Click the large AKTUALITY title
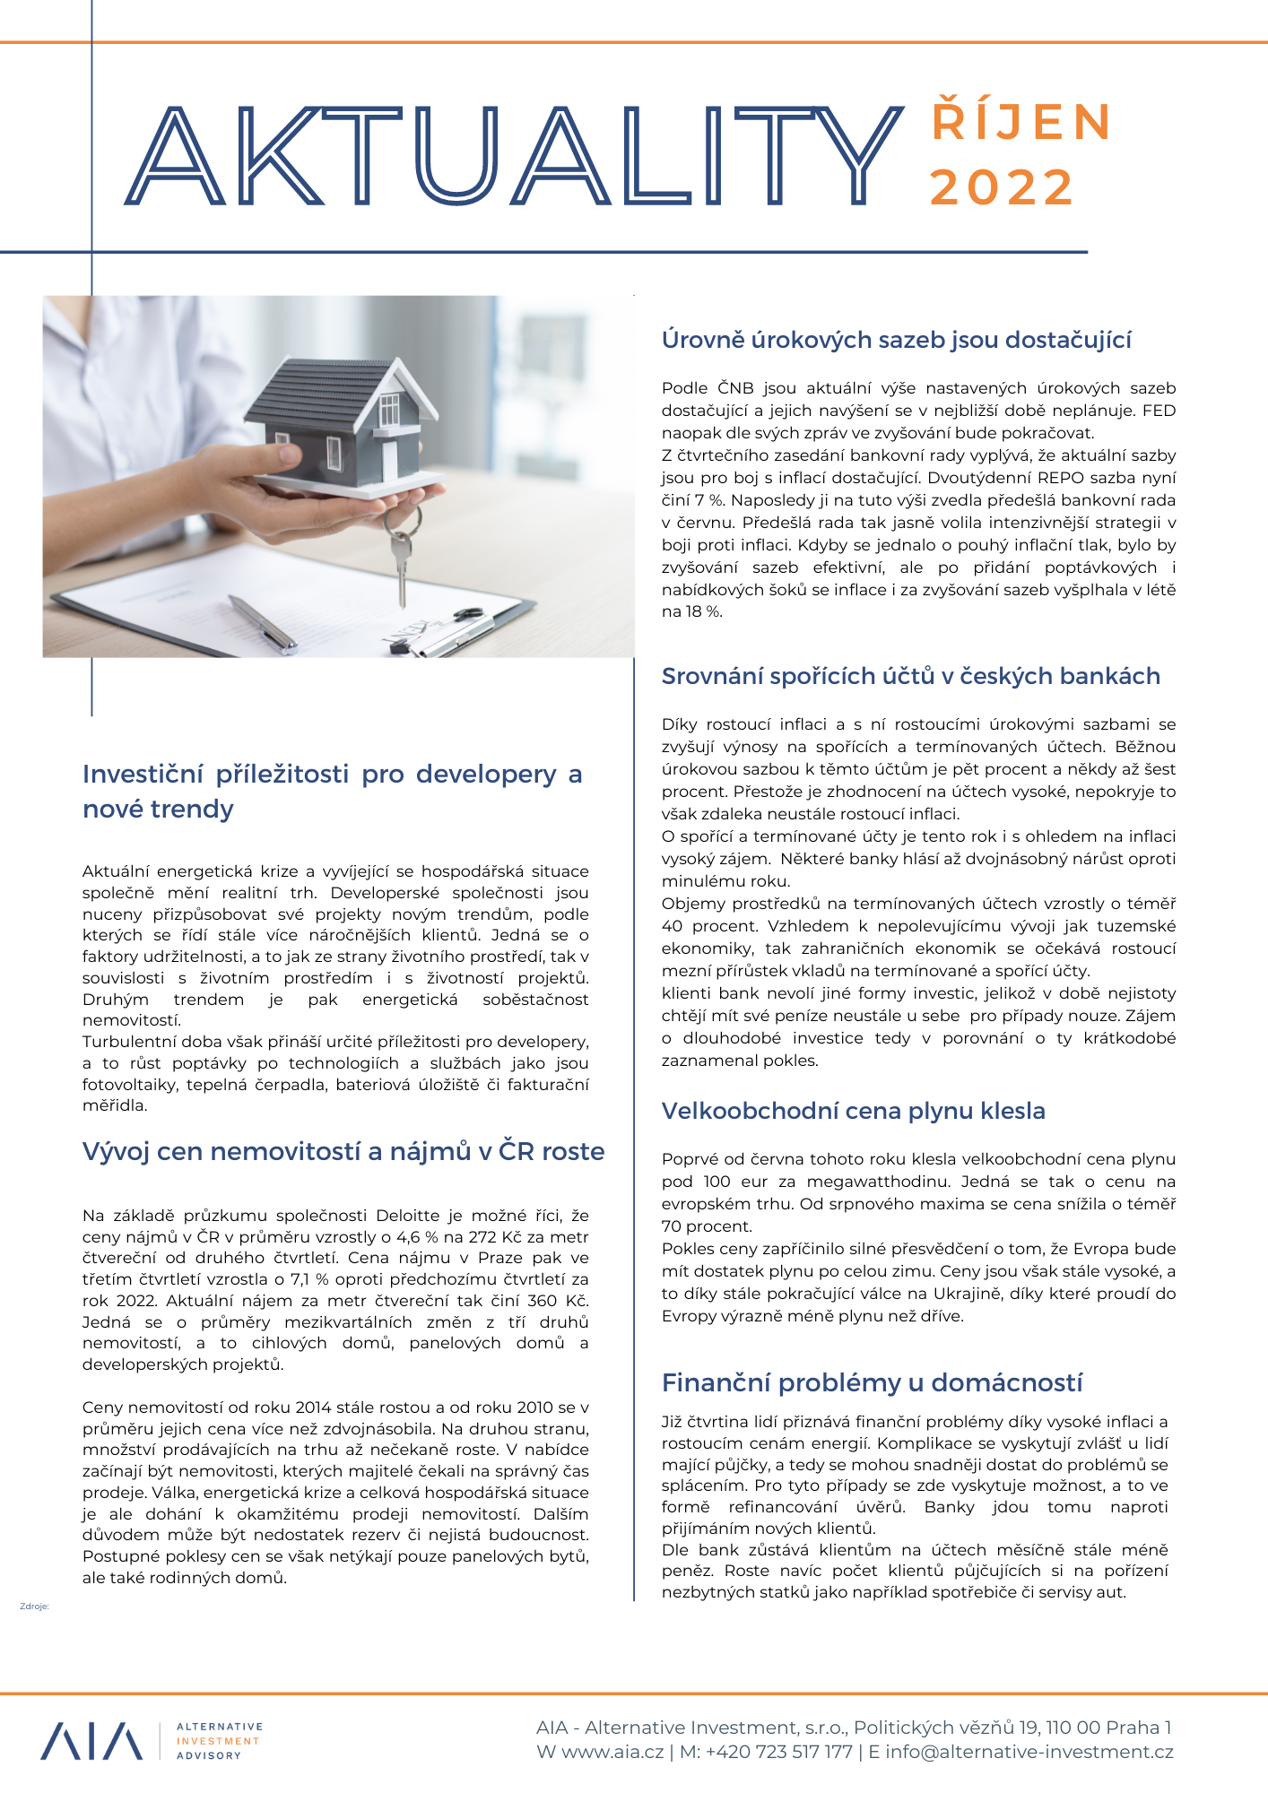coord(516,154)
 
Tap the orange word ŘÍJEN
coord(1022,123)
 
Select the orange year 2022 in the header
coord(1002,187)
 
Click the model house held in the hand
coord(345,421)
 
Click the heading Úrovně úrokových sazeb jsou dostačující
coord(896,340)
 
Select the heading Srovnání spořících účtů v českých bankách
coord(910,676)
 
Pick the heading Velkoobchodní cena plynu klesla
coord(853,1111)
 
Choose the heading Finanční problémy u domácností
coord(872,1382)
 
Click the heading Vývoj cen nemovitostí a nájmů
coord(343,1151)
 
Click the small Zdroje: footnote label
coord(34,1606)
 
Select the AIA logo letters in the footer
coord(91,1741)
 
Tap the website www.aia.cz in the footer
coord(612,1752)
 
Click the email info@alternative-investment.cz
coord(1029,1752)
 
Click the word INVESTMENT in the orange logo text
coord(218,1741)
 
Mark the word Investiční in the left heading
coord(141,775)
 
